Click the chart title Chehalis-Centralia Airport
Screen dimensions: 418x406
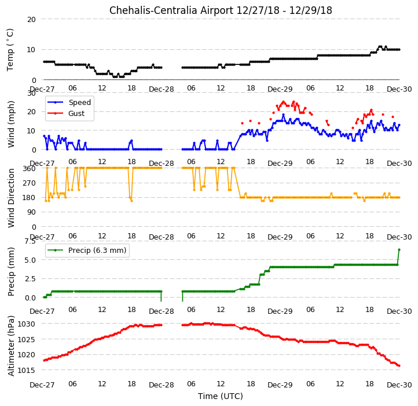pyautogui.click(x=171, y=10)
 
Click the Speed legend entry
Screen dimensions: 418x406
pyautogui.click(x=69, y=102)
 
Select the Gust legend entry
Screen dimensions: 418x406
pyautogui.click(x=66, y=113)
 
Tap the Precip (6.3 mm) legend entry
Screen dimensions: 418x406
pyautogui.click(x=87, y=251)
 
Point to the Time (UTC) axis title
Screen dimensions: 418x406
pyautogui.click(x=221, y=396)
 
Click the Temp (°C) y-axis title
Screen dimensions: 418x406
pyautogui.click(x=10, y=50)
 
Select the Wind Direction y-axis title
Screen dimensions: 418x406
pyautogui.click(x=11, y=198)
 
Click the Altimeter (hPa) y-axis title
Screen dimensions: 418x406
pyautogui.click(x=11, y=346)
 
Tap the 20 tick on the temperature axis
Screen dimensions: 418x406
pyautogui.click(x=31, y=19)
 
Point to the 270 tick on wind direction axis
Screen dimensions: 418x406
pyautogui.click(x=30, y=183)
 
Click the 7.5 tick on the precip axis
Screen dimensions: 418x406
pyautogui.click(x=30, y=241)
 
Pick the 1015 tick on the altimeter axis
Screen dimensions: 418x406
pyautogui.click(x=27, y=370)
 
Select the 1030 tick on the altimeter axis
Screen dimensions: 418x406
pyautogui.click(x=27, y=324)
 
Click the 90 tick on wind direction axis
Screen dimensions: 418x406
pyautogui.click(x=31, y=212)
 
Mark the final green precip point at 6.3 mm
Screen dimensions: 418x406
pyautogui.click(x=399, y=250)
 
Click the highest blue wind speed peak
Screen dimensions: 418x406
pyautogui.click(x=283, y=115)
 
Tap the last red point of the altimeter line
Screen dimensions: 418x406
pyautogui.click(x=399, y=365)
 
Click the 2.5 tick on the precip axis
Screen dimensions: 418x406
pyautogui.click(x=30, y=278)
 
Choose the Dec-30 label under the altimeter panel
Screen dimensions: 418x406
pyautogui.click(x=399, y=385)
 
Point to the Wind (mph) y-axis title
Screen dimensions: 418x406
pyautogui.click(x=11, y=124)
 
